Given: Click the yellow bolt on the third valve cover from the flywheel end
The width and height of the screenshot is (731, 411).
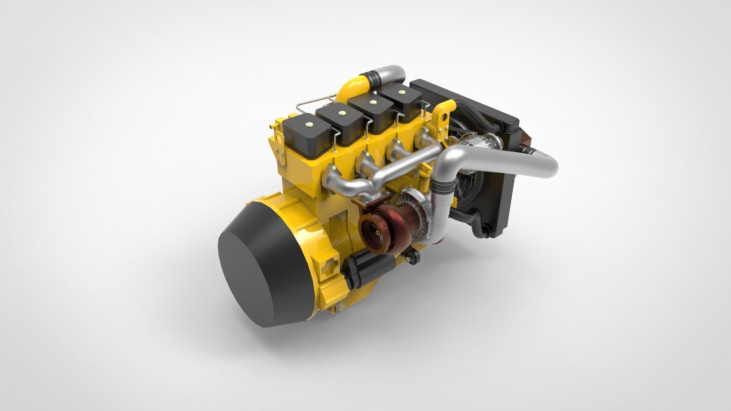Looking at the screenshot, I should click(x=372, y=102).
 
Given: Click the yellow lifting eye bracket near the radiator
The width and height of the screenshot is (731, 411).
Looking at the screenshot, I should click(x=442, y=114).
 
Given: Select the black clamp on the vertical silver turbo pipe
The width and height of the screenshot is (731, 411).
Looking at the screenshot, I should click(x=445, y=186).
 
